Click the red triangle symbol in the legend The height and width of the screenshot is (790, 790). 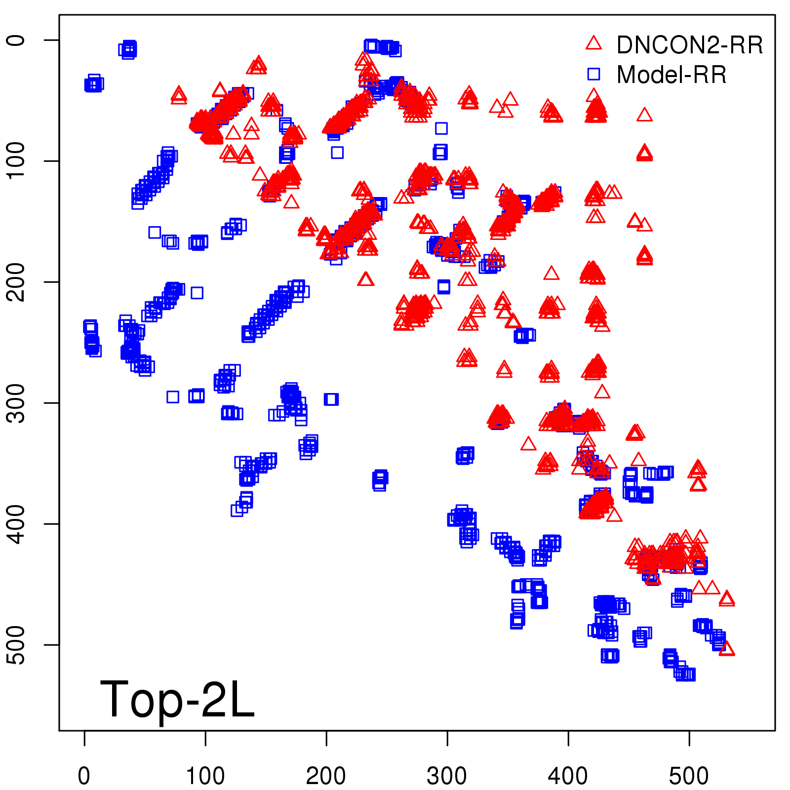click(x=593, y=43)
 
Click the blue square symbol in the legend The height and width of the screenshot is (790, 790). click(x=593, y=74)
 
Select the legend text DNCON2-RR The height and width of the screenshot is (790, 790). click(x=690, y=45)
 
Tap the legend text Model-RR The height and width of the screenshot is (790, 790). click(x=671, y=75)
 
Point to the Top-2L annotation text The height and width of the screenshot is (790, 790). click(x=177, y=699)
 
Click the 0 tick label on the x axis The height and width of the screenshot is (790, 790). click(x=84, y=776)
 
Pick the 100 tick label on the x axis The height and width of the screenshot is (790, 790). click(x=205, y=776)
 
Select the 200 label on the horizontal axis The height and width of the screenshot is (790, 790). click(x=326, y=776)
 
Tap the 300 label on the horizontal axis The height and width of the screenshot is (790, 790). click(x=447, y=776)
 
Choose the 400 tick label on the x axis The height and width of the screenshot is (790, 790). click(x=568, y=776)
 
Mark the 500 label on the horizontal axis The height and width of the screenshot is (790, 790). click(x=689, y=776)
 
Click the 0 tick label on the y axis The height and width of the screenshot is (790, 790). click(x=17, y=40)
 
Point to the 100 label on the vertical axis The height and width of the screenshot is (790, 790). click(x=17, y=161)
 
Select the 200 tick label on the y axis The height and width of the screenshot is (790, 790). click(x=17, y=282)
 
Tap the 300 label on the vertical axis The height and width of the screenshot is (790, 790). click(x=17, y=403)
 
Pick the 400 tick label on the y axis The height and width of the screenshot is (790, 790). click(x=17, y=524)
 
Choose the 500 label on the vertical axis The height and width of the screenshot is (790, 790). click(x=17, y=645)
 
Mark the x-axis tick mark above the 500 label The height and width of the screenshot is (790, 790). click(x=689, y=738)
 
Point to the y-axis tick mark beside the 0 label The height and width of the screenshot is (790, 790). click(x=52, y=40)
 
